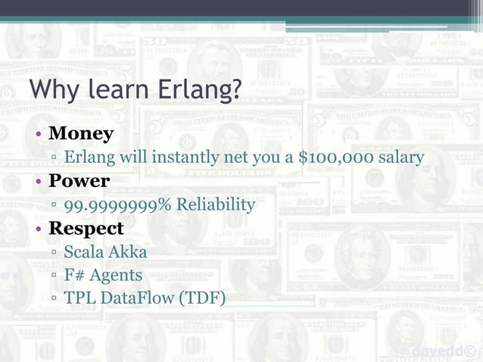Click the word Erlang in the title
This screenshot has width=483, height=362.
click(201, 90)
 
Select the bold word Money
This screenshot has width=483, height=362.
click(81, 134)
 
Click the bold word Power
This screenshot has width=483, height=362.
click(79, 181)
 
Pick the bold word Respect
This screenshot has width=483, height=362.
click(86, 228)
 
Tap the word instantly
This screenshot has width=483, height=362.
click(184, 158)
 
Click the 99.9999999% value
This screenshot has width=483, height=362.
click(116, 204)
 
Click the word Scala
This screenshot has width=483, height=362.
click(85, 251)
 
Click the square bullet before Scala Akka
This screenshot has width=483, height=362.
click(55, 253)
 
